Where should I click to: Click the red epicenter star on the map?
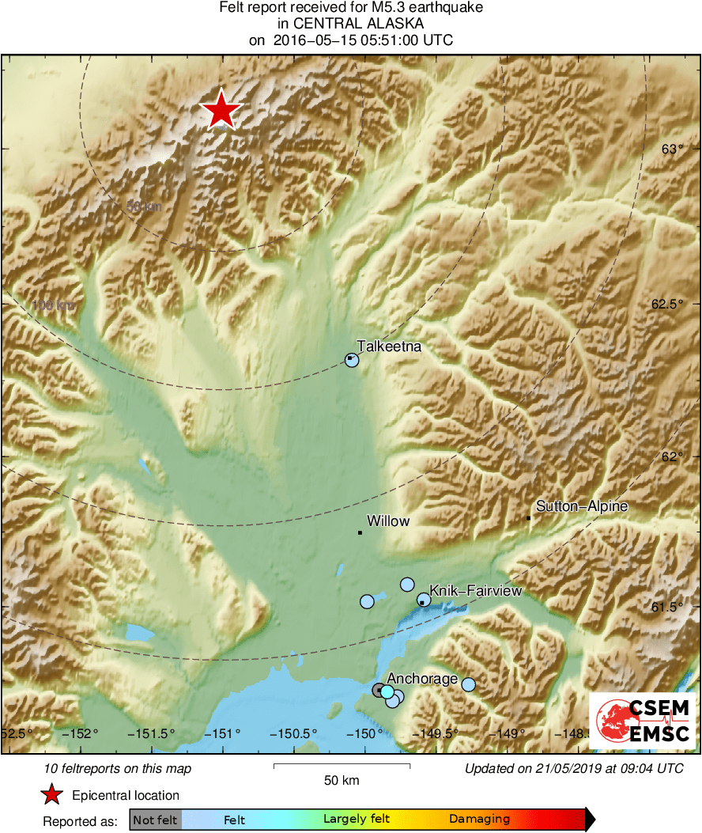pos(221,110)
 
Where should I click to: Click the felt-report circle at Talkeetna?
pos(352,360)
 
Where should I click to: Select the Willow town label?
pos(388,521)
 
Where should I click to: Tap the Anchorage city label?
pos(422,679)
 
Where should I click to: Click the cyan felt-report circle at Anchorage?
pos(387,692)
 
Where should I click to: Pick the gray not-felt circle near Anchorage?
pos(379,690)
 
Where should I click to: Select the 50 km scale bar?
pos(342,766)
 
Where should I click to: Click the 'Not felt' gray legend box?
pos(155,820)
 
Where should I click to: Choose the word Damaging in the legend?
pos(479,820)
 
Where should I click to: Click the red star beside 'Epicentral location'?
pos(51,795)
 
